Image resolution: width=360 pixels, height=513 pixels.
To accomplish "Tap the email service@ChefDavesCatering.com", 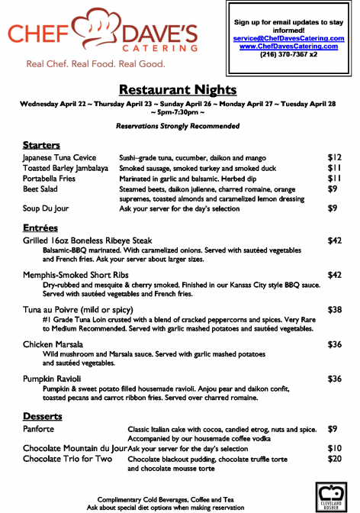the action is (289, 37).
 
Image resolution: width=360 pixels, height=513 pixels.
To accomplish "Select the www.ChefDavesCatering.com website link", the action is (289, 46).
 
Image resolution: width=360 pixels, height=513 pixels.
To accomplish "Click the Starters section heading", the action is (41, 144).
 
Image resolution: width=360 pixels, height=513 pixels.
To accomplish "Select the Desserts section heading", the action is (43, 416).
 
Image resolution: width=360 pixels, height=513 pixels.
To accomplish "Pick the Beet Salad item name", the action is (41, 189).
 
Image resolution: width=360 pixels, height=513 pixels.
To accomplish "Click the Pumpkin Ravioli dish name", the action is (54, 379).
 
